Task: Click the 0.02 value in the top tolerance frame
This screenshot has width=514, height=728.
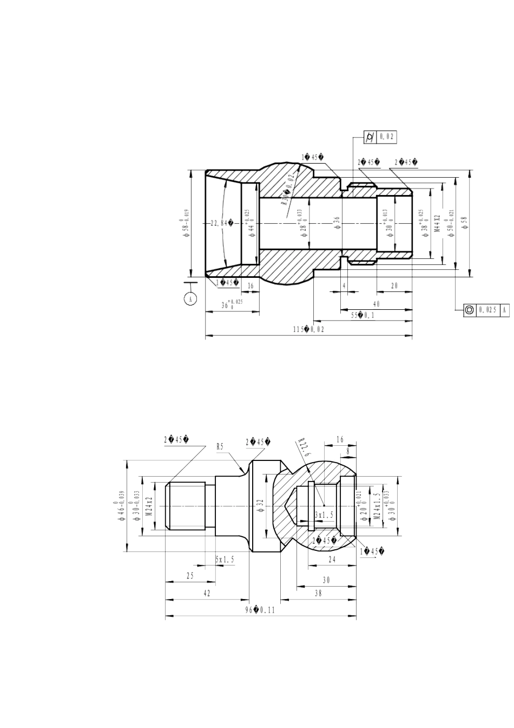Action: point(388,137)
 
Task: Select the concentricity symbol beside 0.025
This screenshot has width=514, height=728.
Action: point(469,309)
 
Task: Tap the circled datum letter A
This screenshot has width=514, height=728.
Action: point(190,298)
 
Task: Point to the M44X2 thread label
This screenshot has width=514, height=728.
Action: point(437,224)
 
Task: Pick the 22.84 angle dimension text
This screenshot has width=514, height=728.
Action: point(222,223)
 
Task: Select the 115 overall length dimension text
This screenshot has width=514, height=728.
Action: point(308,329)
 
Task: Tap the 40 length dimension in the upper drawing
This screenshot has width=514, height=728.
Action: point(376,304)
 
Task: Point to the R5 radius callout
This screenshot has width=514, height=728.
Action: point(220,447)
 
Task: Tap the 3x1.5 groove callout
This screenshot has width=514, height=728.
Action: point(324,513)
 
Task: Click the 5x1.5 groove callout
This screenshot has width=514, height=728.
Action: point(225,560)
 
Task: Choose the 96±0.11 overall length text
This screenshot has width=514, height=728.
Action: point(260,609)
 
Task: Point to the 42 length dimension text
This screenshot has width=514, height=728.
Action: point(207,594)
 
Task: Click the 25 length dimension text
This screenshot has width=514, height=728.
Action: point(190,576)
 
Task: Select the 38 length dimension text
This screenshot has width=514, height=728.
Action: point(318,594)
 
